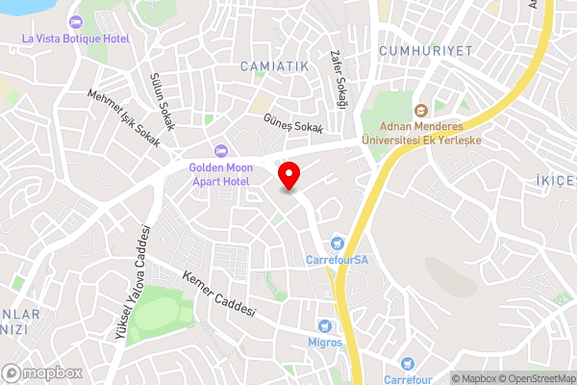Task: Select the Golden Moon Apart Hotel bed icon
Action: click(x=220, y=151)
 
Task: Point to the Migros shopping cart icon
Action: click(x=324, y=326)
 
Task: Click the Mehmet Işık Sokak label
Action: click(x=124, y=115)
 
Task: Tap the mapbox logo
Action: click(x=42, y=372)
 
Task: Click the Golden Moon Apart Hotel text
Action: click(x=219, y=173)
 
